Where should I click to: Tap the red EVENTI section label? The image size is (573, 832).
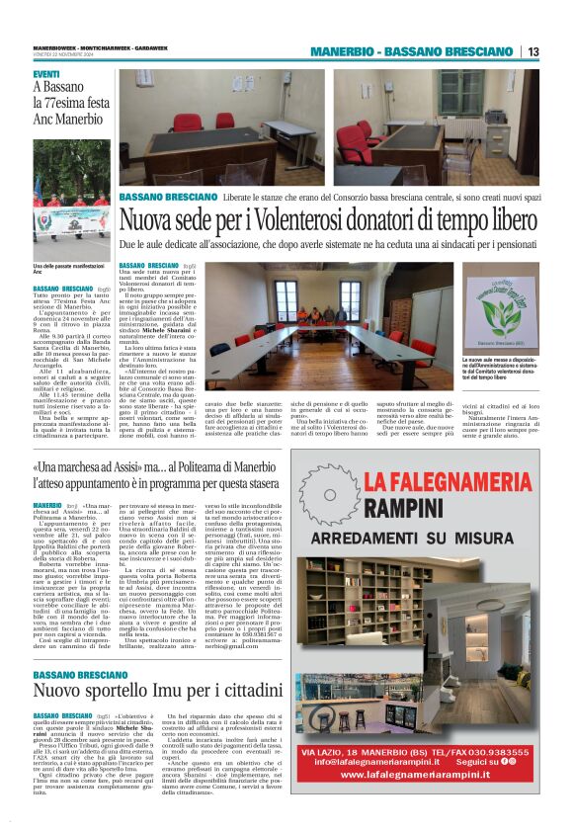point(46,75)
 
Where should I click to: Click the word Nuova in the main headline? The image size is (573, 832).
point(146,217)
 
